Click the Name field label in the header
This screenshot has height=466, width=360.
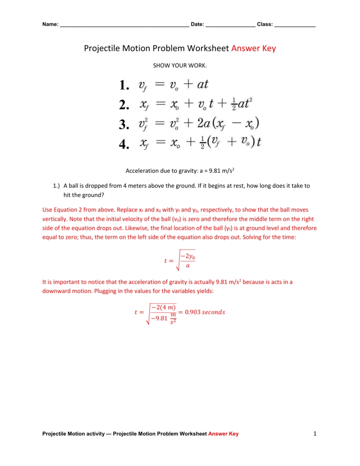pos(51,25)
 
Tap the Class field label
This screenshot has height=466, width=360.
pos(264,25)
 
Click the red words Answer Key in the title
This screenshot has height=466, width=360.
pos(254,48)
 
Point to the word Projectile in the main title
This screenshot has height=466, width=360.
pos(101,48)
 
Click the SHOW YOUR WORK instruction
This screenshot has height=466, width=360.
pos(180,66)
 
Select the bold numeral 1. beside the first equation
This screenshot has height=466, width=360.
pos(124,85)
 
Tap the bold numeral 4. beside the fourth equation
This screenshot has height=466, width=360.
pos(124,145)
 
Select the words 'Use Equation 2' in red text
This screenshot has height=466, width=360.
pos(61,210)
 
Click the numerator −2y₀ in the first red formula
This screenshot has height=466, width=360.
pos(187,257)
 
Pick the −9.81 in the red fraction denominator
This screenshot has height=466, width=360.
pos(160,318)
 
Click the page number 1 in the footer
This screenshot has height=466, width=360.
pos(314,434)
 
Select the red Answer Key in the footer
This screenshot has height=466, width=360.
pos(223,434)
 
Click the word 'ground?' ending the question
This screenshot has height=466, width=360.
pos(93,194)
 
